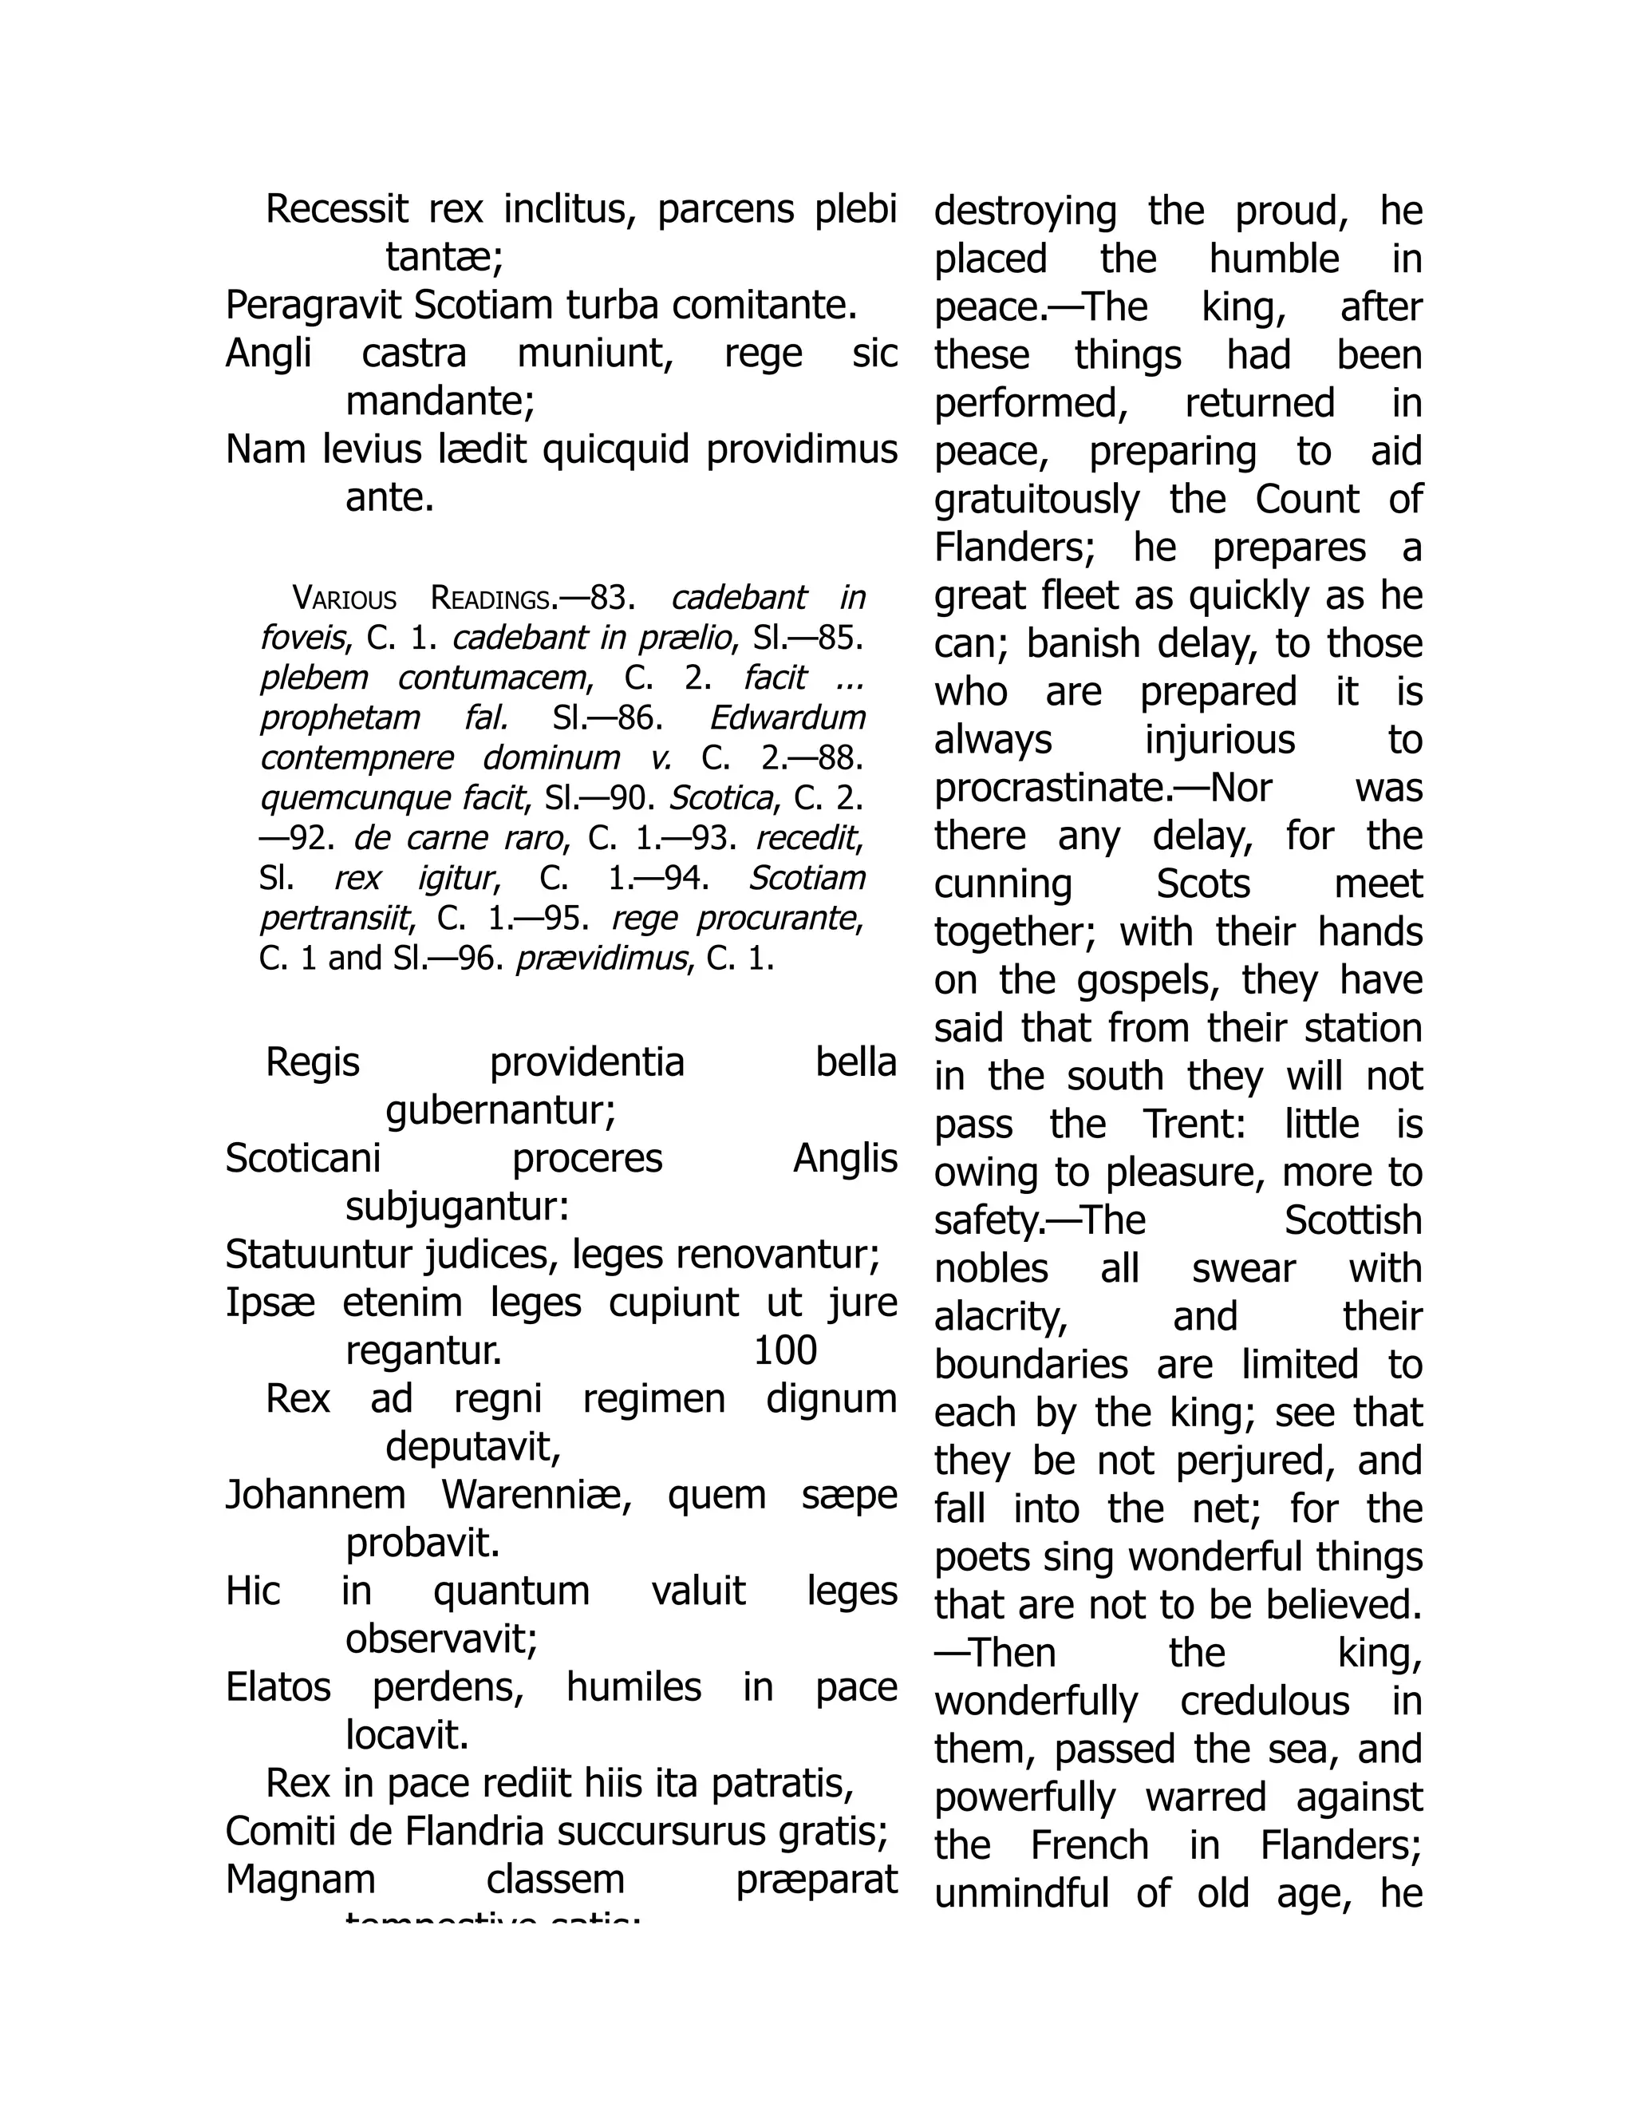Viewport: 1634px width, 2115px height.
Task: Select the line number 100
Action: (x=785, y=1350)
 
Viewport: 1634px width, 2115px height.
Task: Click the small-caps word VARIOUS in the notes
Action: (x=344, y=599)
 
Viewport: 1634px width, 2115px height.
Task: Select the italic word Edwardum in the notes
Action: (x=787, y=718)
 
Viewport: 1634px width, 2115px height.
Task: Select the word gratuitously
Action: (x=1036, y=500)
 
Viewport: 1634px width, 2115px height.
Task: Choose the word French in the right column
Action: (x=1089, y=1846)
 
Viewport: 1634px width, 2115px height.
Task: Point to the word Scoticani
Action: (x=303, y=1158)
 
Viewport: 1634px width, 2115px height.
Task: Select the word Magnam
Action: (x=300, y=1880)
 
